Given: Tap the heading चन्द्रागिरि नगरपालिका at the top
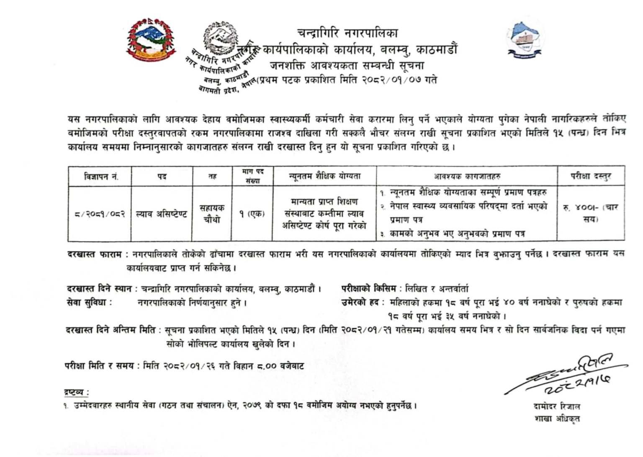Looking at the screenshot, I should pos(347,33).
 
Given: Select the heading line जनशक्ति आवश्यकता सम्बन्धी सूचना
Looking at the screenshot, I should pos(347,66).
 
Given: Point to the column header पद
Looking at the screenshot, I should pos(162,177).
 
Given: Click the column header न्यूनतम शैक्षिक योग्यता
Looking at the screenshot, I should pos(324,177).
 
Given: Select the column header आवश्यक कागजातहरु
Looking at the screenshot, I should pos(467,177).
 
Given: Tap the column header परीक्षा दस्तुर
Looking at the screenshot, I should pos(591,177).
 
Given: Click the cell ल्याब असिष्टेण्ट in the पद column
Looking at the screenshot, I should pos(162,214).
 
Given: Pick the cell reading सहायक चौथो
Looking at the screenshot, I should pos(212,214).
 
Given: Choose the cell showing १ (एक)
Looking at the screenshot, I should pos(252,214).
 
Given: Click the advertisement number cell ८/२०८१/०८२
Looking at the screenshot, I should pos(100,214).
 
